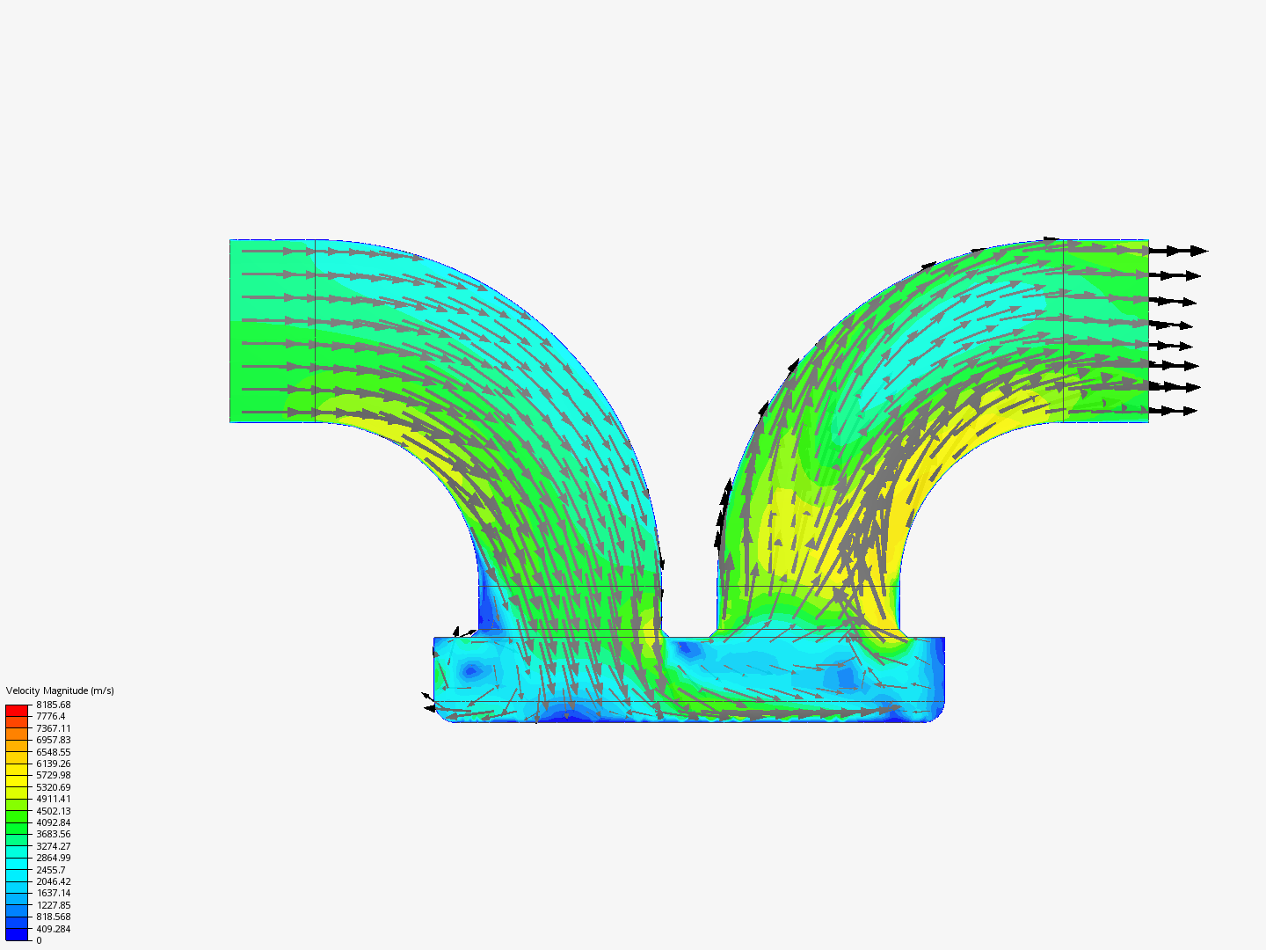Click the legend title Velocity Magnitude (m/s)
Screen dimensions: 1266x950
[60, 691]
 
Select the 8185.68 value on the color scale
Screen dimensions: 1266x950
[53, 705]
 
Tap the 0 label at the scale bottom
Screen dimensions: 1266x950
[39, 940]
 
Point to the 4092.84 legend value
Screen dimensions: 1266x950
[53, 822]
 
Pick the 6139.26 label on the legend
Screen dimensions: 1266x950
[53, 764]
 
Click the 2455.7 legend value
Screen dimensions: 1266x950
[51, 870]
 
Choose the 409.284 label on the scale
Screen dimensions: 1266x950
[53, 929]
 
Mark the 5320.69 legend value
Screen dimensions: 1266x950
[53, 787]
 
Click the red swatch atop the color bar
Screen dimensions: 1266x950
[17, 711]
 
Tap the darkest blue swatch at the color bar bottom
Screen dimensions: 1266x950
[17, 934]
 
